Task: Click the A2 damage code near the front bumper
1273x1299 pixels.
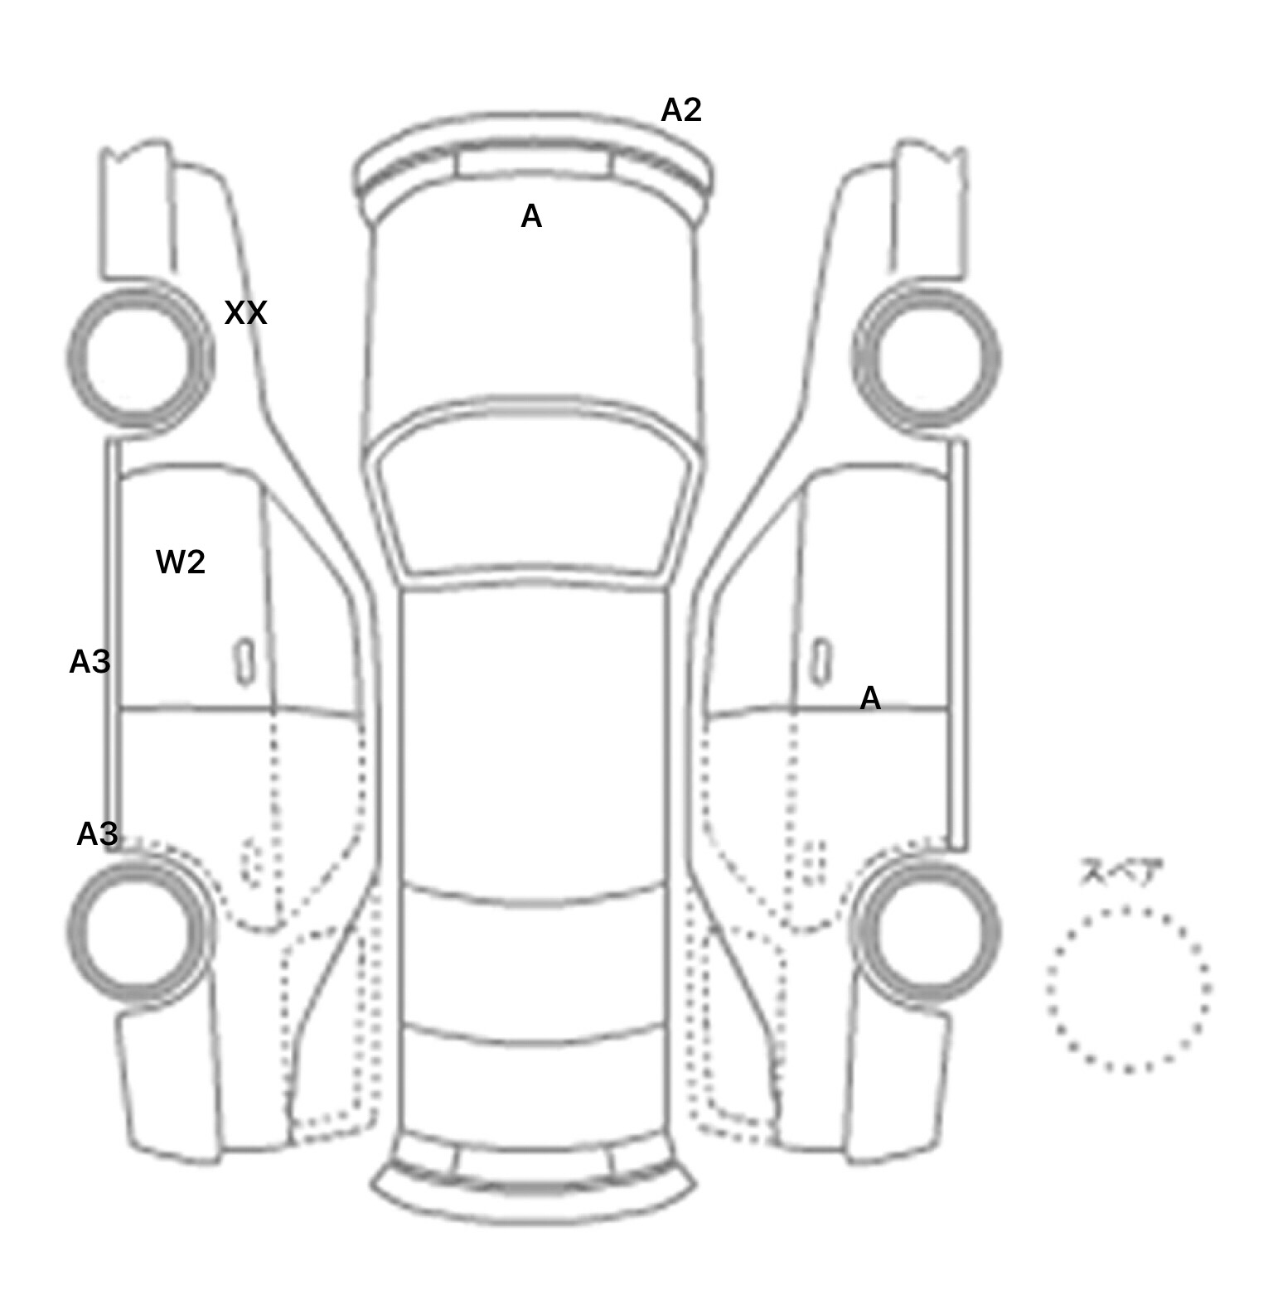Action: (x=681, y=110)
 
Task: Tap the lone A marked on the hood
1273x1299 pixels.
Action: (x=531, y=217)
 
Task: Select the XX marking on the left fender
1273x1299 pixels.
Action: (x=245, y=313)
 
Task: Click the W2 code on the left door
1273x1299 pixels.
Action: (x=180, y=563)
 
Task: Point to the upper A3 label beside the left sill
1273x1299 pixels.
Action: (x=90, y=662)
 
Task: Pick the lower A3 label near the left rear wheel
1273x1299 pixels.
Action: (x=97, y=834)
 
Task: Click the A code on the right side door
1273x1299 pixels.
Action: (x=870, y=698)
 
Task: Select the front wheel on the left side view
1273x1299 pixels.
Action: (x=139, y=358)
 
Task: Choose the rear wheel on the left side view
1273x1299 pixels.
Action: (x=139, y=930)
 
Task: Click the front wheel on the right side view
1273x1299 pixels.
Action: (x=927, y=358)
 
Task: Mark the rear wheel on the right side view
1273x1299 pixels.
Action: (x=927, y=930)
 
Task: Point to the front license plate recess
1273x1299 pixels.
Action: (x=532, y=162)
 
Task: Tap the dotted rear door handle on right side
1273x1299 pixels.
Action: (x=815, y=862)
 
